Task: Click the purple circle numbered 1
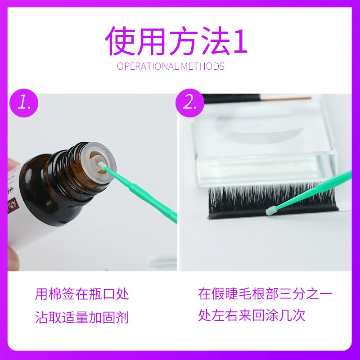coord(24,103)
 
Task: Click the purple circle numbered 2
coord(189,103)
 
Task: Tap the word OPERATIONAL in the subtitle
coord(148,66)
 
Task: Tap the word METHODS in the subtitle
coord(202,66)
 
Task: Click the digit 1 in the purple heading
coord(240,42)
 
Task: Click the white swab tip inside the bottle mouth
coord(101,165)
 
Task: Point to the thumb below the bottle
coord(12,259)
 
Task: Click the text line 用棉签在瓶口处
coord(82,294)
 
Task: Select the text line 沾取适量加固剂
coord(82,317)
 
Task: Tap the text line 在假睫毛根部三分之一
coord(265,294)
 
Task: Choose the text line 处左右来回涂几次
coord(252,315)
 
